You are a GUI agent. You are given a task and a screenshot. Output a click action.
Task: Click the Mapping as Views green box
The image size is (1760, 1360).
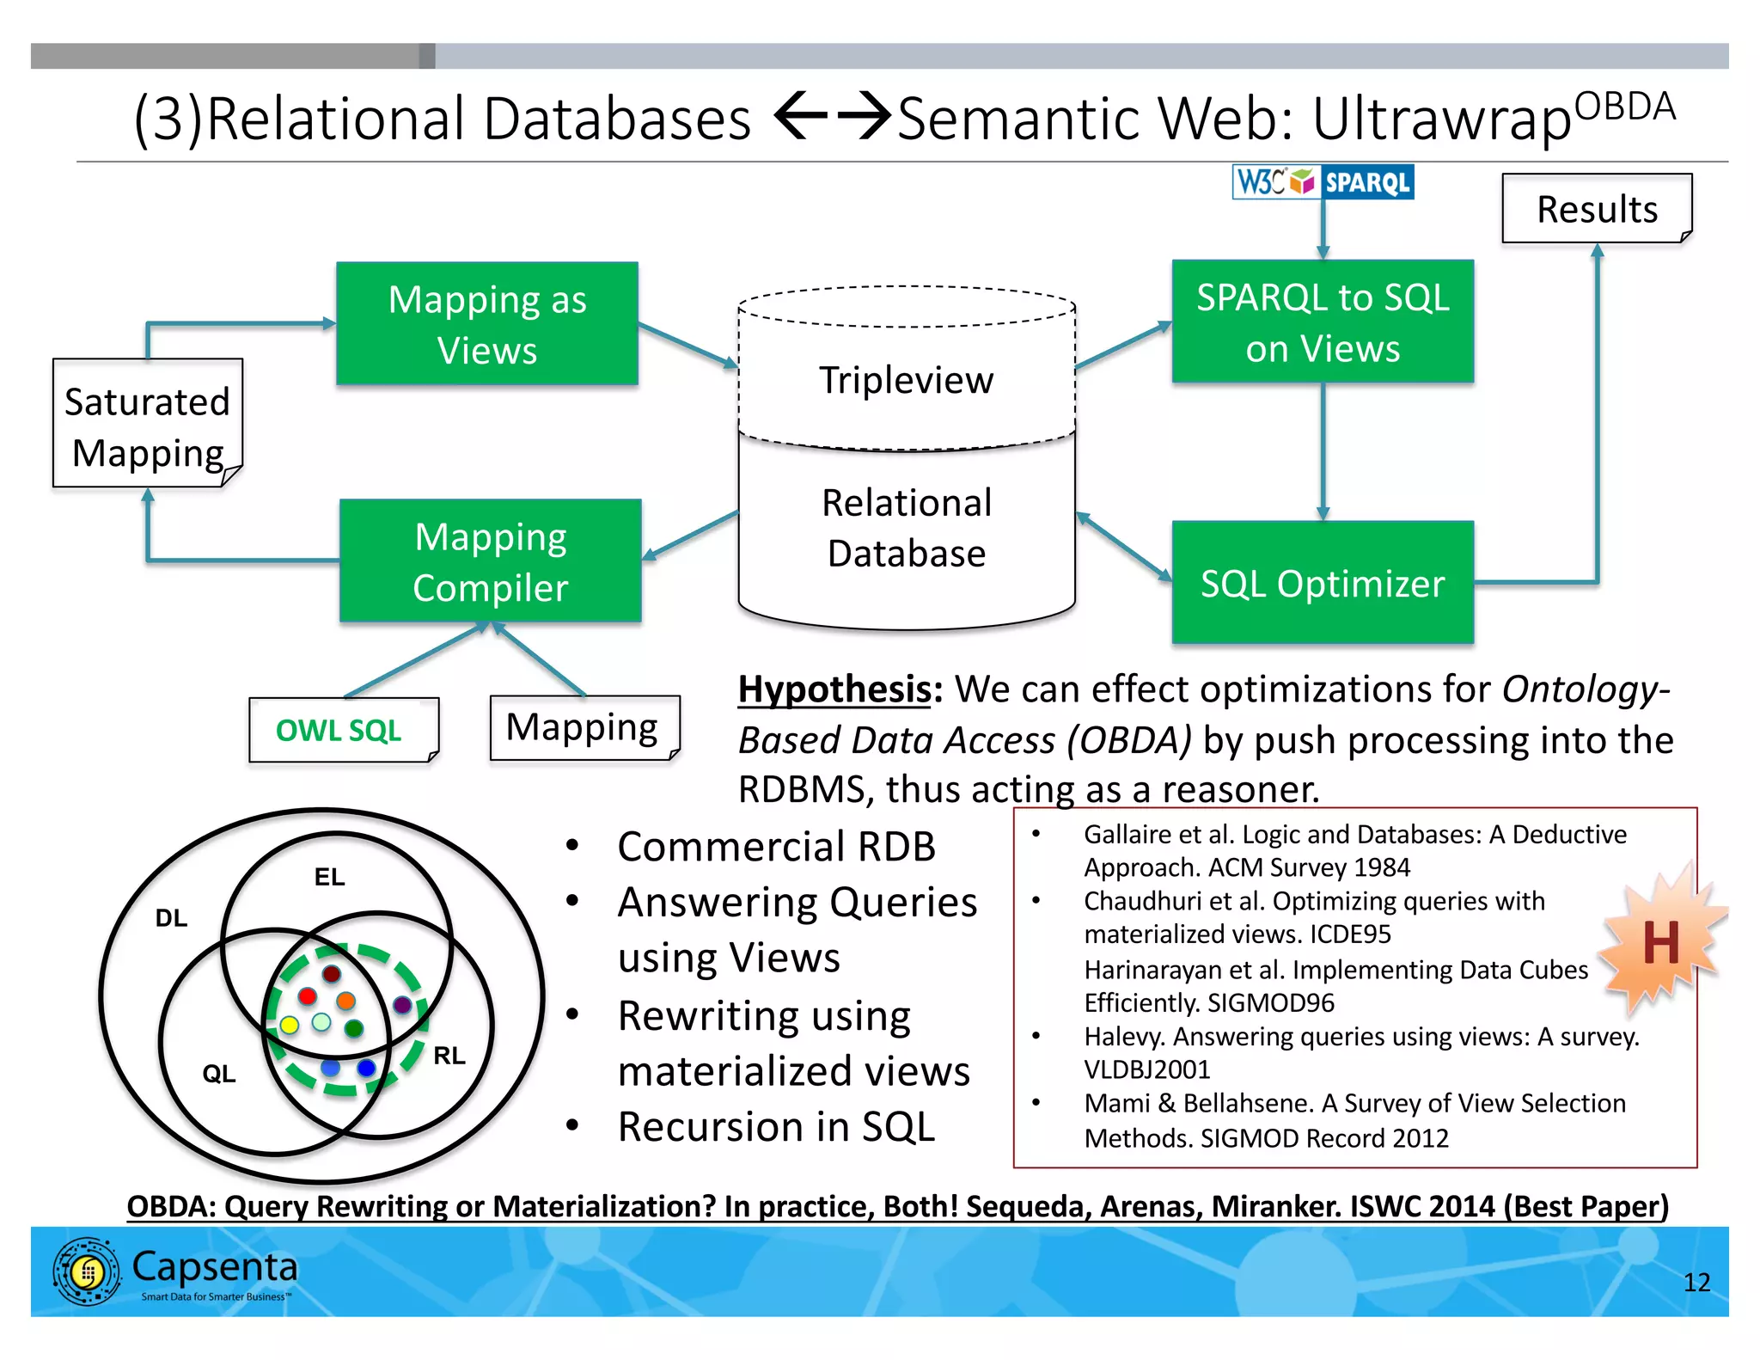(x=486, y=324)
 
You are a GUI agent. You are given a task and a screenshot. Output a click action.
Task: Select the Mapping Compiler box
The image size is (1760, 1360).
(x=490, y=561)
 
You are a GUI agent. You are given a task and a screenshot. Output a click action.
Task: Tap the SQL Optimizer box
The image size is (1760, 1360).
(x=1322, y=583)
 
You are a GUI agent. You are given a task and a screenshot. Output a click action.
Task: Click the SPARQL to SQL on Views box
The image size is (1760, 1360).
(x=1322, y=322)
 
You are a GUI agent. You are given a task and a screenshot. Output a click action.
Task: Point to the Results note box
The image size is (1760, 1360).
(x=1596, y=209)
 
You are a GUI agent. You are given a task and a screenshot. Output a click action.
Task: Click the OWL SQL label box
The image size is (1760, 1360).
(x=340, y=730)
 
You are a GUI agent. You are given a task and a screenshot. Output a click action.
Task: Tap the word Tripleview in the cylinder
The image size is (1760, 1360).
(x=906, y=380)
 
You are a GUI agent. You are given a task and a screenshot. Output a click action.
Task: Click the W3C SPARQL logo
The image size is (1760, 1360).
(x=1322, y=182)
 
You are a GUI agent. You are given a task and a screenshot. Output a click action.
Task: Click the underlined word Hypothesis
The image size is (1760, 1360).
(x=834, y=689)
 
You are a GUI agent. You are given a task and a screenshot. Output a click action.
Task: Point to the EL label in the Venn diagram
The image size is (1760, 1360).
(x=329, y=877)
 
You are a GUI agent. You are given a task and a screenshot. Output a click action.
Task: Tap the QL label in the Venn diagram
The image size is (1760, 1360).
(x=218, y=1073)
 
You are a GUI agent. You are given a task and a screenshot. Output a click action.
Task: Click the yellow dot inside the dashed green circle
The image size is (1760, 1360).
(x=290, y=1024)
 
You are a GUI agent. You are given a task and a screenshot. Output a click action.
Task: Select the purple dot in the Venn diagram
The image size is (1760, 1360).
(x=401, y=1004)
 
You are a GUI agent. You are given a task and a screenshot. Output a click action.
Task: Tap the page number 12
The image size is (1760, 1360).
(x=1696, y=1283)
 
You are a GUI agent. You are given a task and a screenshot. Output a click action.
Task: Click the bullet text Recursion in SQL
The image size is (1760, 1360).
(x=775, y=1126)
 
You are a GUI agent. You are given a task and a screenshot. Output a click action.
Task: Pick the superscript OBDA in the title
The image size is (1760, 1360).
(x=1624, y=107)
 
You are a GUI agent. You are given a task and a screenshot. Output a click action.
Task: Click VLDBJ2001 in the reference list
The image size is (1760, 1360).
(x=1146, y=1069)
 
